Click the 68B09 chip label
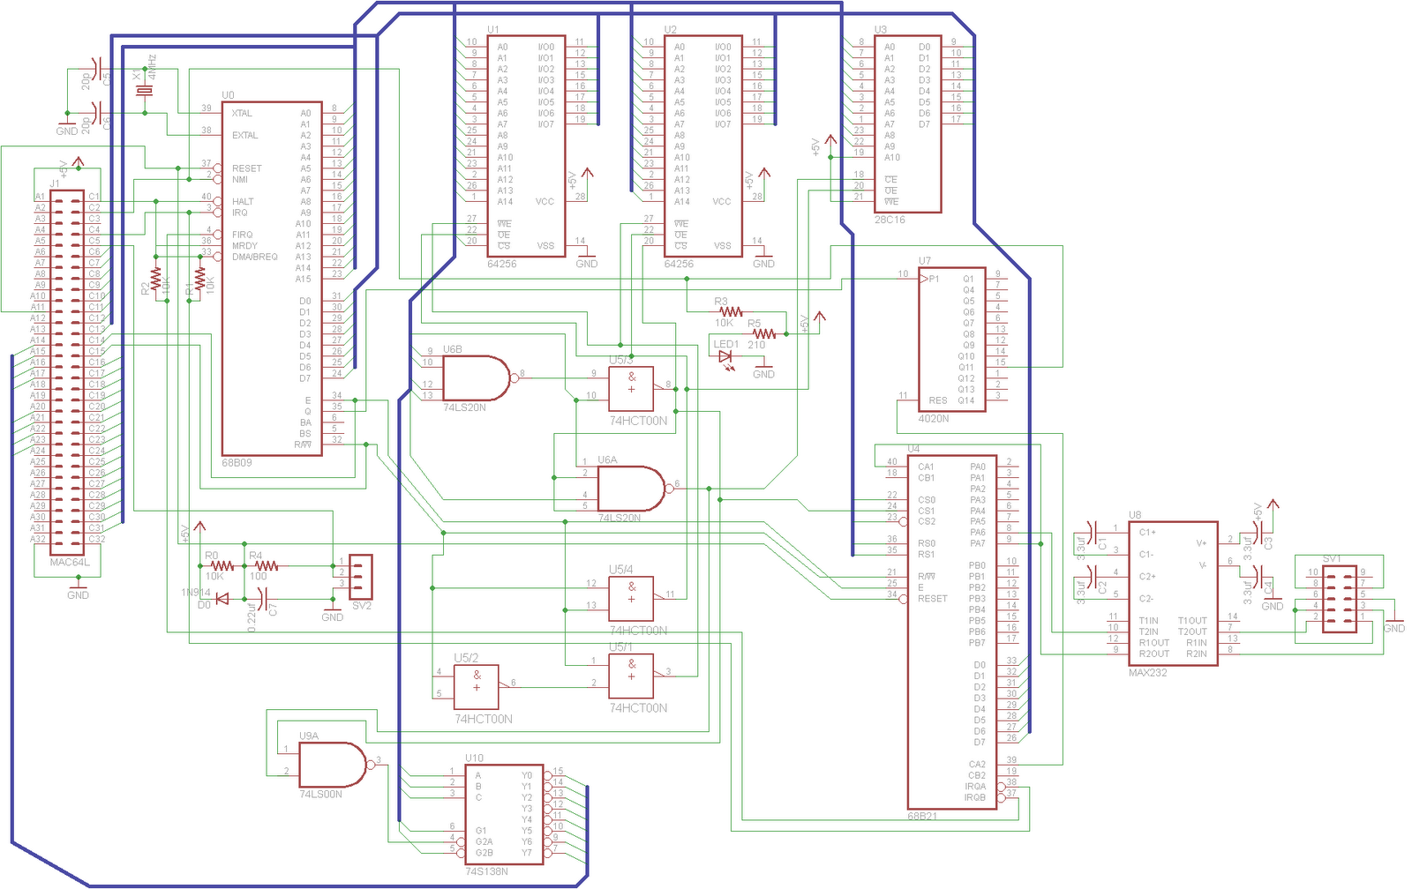click(x=237, y=462)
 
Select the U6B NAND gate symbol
click(x=475, y=378)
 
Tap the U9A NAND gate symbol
click(x=332, y=764)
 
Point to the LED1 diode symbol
click(x=725, y=357)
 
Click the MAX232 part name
click(x=1147, y=673)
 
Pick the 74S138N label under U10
click(x=486, y=871)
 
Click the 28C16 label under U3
click(x=890, y=220)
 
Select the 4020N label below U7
click(x=934, y=419)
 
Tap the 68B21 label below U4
click(x=922, y=816)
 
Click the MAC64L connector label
click(x=70, y=562)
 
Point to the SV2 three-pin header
click(x=361, y=576)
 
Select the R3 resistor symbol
click(x=731, y=311)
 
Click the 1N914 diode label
click(x=196, y=593)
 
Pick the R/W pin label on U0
click(x=303, y=444)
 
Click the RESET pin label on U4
click(x=932, y=599)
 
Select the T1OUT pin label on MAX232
click(x=1191, y=621)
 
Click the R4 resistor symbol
click(x=266, y=565)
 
